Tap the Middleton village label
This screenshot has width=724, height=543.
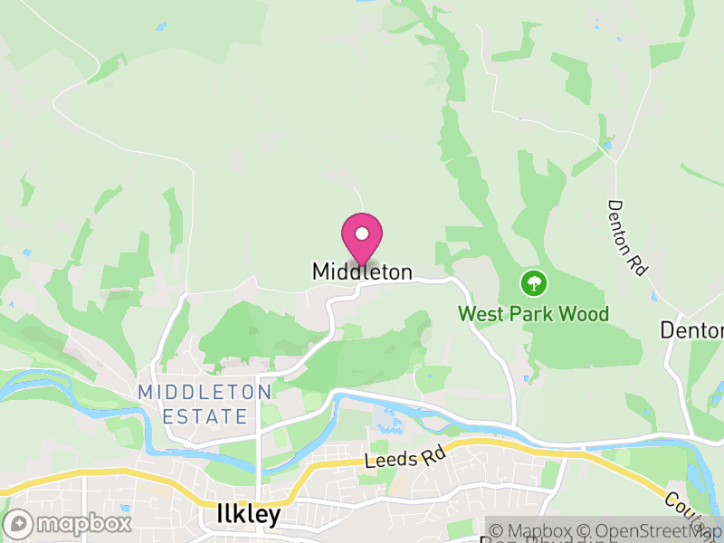click(x=362, y=271)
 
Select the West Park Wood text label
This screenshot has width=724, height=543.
click(x=533, y=314)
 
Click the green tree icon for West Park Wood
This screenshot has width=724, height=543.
click(x=534, y=283)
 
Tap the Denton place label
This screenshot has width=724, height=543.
click(x=691, y=330)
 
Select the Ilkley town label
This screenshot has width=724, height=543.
click(x=249, y=515)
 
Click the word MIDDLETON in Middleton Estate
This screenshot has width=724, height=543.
click(x=205, y=393)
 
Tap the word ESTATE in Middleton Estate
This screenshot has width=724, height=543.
click(x=205, y=416)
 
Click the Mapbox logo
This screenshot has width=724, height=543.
click(x=68, y=524)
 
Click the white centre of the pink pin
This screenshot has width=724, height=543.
click(x=362, y=233)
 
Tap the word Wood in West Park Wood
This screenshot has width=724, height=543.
click(x=586, y=314)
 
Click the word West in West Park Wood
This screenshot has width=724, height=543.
click(x=479, y=314)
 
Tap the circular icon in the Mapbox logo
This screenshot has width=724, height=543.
click(x=18, y=524)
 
